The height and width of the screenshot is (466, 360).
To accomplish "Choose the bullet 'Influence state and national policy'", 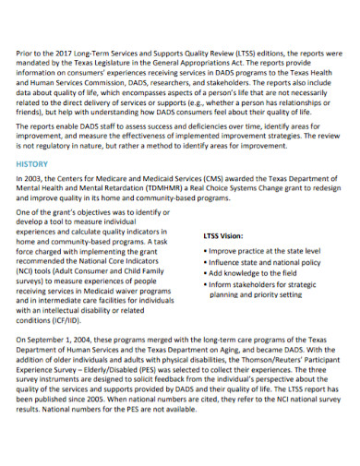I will point(258,262).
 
